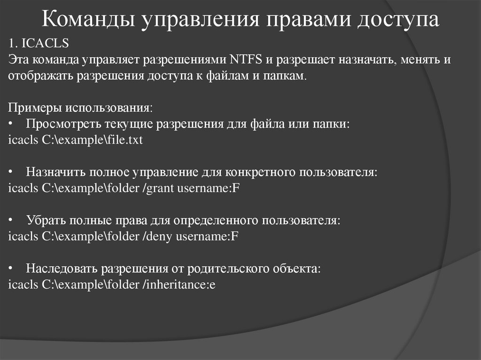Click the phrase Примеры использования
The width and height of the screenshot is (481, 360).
[x=80, y=108]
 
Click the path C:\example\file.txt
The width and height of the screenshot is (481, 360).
[x=92, y=140]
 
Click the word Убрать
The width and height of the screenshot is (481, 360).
[x=45, y=220]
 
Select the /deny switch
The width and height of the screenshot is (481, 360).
[x=158, y=236]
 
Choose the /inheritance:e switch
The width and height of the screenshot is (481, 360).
[x=178, y=284]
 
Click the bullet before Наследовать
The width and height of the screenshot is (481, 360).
[x=11, y=268]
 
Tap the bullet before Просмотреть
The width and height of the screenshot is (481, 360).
[x=11, y=124]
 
